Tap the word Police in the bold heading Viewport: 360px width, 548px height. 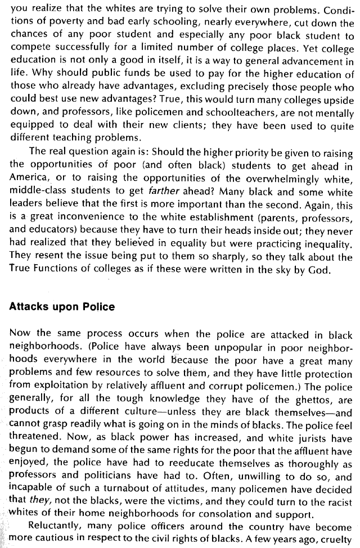(100, 307)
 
